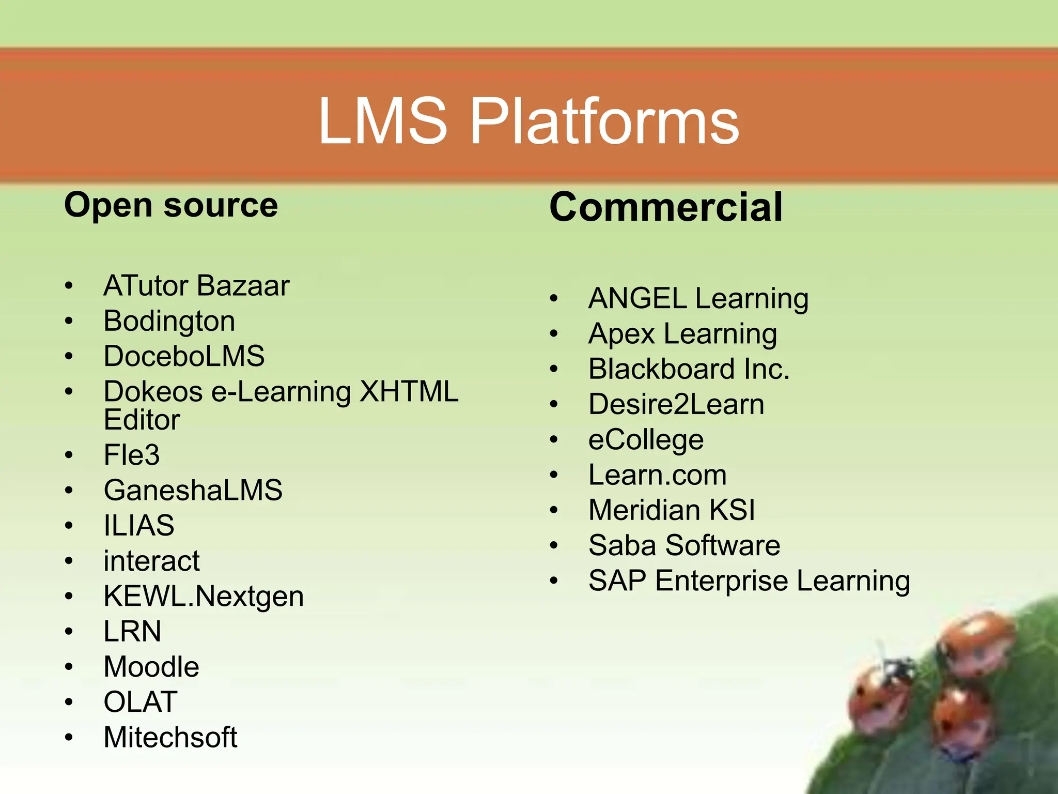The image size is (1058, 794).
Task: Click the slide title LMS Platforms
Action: point(528,122)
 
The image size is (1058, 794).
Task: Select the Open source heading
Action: point(171,206)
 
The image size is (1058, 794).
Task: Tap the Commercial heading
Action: point(666,207)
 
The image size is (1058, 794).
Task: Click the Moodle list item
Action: point(151,667)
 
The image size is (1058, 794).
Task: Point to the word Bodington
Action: point(169,321)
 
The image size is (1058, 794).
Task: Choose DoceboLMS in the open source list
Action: point(184,356)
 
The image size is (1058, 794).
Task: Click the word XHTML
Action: point(409,391)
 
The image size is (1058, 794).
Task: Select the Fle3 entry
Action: point(132,455)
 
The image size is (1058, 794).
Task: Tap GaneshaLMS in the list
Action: point(193,490)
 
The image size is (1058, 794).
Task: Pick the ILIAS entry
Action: point(139,526)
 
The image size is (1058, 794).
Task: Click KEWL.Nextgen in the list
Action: point(204,597)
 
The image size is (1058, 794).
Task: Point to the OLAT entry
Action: point(141,702)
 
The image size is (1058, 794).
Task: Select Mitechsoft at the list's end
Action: point(170,737)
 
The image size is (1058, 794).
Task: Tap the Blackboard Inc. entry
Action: point(689,369)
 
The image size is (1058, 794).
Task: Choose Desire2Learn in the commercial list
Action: point(676,404)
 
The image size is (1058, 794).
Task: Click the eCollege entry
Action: point(646,440)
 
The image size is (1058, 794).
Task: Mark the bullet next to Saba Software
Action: point(554,546)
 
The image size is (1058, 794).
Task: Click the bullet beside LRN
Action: point(69,632)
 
